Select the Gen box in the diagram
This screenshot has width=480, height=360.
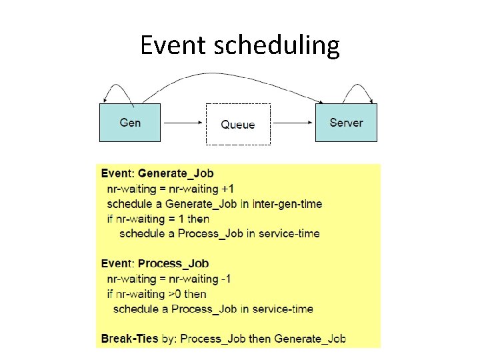[x=130, y=123]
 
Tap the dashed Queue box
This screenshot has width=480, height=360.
[x=238, y=124]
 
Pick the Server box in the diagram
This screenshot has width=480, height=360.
[x=346, y=123]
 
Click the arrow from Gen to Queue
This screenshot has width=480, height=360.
[x=183, y=123]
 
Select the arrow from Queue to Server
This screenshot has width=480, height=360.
[x=293, y=123]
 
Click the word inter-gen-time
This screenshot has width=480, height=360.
[x=287, y=204]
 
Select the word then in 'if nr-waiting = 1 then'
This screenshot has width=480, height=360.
[x=198, y=219]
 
